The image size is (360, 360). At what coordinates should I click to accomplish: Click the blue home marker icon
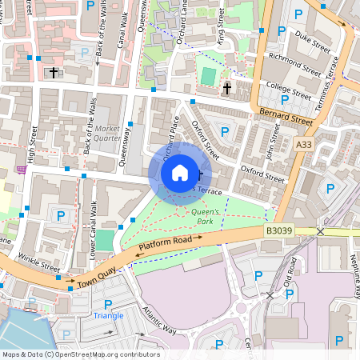pos(179,172)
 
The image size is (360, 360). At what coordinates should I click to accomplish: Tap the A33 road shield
pos(303,145)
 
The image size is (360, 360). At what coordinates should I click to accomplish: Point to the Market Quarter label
pos(107,133)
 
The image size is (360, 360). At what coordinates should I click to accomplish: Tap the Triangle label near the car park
pos(108,315)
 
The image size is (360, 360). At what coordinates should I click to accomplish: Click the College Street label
pos(288,91)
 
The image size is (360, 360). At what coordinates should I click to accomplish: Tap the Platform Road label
pos(165,245)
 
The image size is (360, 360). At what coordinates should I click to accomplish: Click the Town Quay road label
pos(96,278)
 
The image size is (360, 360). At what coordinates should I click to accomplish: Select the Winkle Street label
pos(39,262)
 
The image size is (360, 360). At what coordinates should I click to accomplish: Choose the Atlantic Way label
pos(157,318)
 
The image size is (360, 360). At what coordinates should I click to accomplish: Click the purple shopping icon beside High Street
pos(19,170)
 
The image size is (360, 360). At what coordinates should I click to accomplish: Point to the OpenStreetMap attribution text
pos(81,354)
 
